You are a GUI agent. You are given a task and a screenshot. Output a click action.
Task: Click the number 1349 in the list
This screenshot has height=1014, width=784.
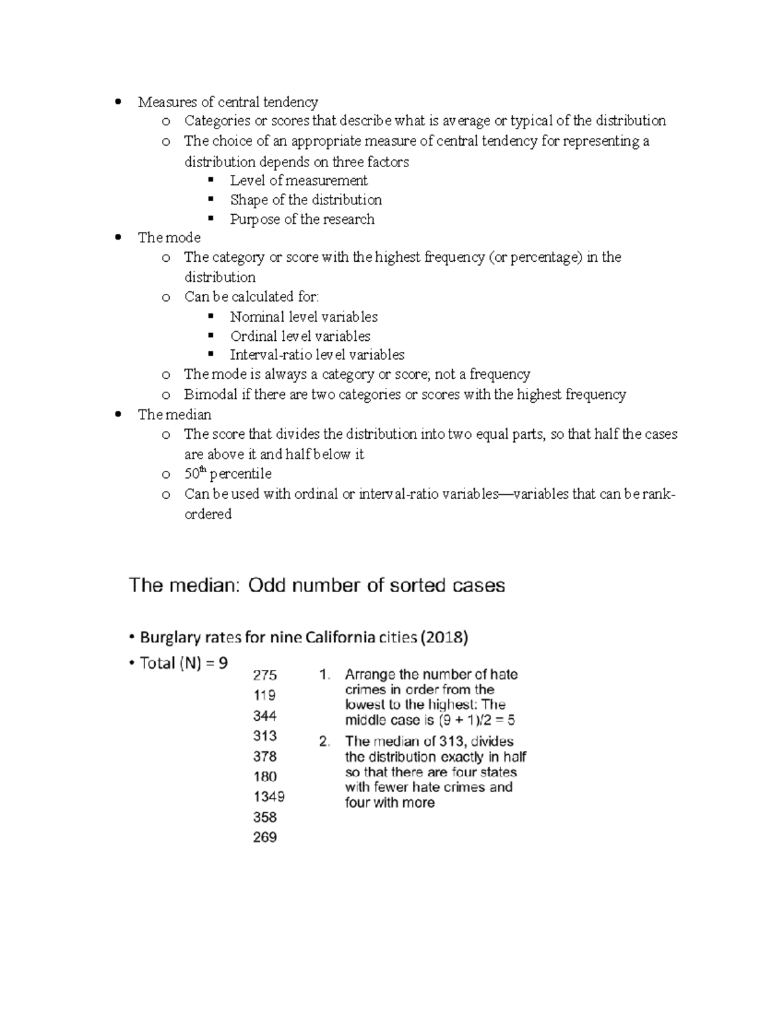coord(269,797)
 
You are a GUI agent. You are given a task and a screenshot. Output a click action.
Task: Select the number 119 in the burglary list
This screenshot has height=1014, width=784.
coord(265,695)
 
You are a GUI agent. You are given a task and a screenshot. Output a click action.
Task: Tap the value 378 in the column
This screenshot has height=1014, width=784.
coord(265,756)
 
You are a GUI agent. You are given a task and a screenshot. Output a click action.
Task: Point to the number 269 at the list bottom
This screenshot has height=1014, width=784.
coord(265,837)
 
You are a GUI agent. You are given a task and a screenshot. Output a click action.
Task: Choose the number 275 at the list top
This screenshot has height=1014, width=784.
coord(265,675)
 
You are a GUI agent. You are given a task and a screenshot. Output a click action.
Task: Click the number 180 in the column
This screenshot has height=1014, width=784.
coord(265,776)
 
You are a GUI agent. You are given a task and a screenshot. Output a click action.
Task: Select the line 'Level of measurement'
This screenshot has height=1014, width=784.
coord(299,181)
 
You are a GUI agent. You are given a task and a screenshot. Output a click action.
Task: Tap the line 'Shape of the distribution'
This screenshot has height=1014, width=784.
coord(306,200)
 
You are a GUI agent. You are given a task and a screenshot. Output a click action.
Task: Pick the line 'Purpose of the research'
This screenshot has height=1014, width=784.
coord(302,219)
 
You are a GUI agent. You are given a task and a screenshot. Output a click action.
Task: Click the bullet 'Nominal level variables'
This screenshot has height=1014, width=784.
coord(304,317)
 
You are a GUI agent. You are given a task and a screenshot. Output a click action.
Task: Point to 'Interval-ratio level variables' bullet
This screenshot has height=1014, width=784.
coord(317,355)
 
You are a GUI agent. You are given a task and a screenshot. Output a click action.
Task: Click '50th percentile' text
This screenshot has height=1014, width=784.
coord(227,473)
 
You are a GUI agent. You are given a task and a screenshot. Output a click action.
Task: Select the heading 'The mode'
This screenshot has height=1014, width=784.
coord(169,238)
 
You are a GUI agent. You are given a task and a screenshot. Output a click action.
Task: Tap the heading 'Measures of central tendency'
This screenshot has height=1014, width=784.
coord(228,102)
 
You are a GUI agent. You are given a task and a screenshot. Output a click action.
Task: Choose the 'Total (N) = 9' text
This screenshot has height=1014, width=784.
coord(184,663)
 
